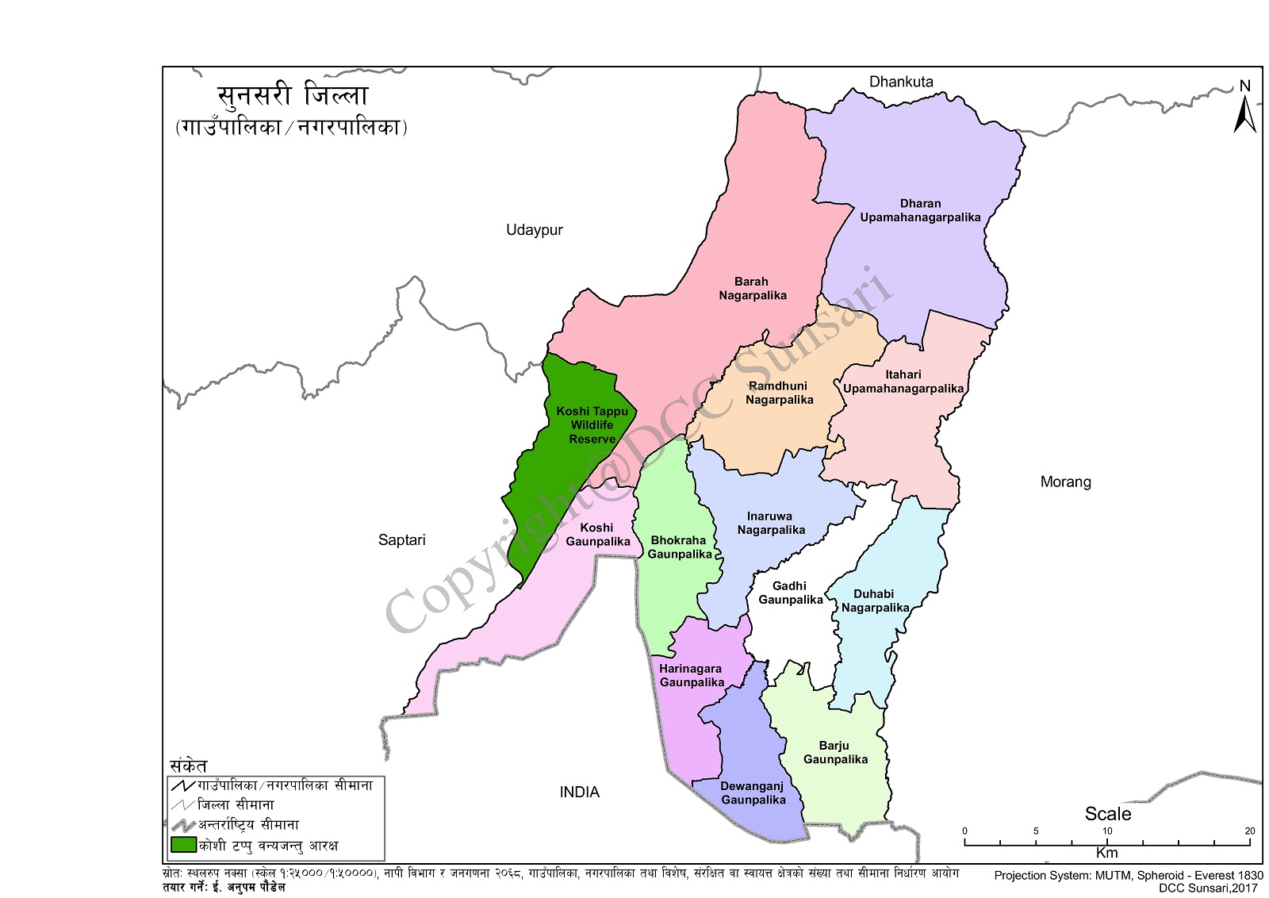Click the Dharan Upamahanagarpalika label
tap(920, 210)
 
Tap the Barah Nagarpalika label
tap(752, 288)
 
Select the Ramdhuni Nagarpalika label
tap(779, 393)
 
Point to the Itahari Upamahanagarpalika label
tap(903, 382)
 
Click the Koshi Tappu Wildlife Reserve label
tap(592, 424)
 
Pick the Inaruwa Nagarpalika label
tap(770, 523)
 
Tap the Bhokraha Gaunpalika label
tap(679, 547)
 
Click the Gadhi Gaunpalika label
tap(790, 593)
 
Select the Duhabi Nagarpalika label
tap(874, 601)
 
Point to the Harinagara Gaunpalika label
tap(691, 675)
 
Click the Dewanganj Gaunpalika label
tap(753, 792)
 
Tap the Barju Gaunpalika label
tap(834, 752)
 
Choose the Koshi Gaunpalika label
tap(597, 534)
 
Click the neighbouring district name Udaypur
tap(534, 230)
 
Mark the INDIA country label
tap(579, 792)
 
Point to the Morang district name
tap(1065, 482)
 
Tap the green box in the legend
tap(183, 845)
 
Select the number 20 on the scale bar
tap(1250, 831)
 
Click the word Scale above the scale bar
tap(1107, 814)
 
